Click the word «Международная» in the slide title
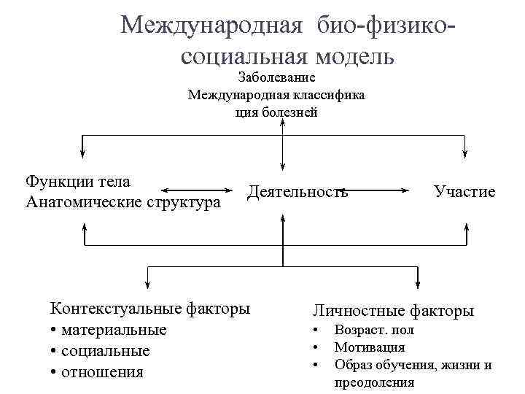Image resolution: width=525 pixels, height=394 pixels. coord(211,26)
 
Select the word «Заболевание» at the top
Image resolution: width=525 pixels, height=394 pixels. coord(276,77)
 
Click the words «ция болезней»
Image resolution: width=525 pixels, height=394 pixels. coord(276,112)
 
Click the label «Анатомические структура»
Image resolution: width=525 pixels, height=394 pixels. coord(122,201)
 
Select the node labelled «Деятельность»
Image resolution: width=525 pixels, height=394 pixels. coord(297,192)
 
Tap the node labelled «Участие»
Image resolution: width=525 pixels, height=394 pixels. coord(464,192)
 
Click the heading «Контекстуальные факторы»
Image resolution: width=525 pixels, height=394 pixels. coord(149,308)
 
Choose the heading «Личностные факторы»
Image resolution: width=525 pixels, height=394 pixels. coord(393,311)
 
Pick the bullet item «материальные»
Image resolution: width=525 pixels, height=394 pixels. coord(114,330)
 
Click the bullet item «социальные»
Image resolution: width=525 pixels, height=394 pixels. coord(106,351)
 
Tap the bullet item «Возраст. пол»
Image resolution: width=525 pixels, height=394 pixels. coord(374,331)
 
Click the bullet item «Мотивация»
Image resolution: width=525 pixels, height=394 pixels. coord(369,348)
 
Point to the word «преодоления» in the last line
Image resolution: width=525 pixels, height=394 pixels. coord(374,382)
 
